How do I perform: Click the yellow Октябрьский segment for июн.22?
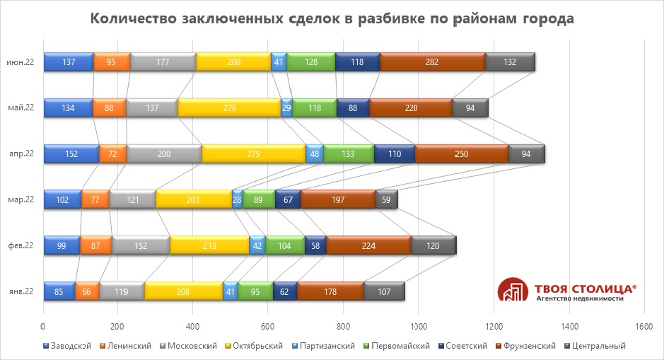(233, 62)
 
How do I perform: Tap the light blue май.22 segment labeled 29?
(286, 108)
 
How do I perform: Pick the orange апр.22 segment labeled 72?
(112, 153)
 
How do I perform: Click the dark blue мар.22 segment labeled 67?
(288, 199)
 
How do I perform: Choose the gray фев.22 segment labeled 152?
(141, 245)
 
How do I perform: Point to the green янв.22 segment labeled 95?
(255, 291)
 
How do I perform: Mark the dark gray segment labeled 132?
(510, 62)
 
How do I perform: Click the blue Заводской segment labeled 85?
(59, 291)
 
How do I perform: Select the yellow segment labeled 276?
(229, 108)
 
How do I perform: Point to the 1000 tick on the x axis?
(418, 327)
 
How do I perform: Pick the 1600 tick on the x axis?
(643, 327)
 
